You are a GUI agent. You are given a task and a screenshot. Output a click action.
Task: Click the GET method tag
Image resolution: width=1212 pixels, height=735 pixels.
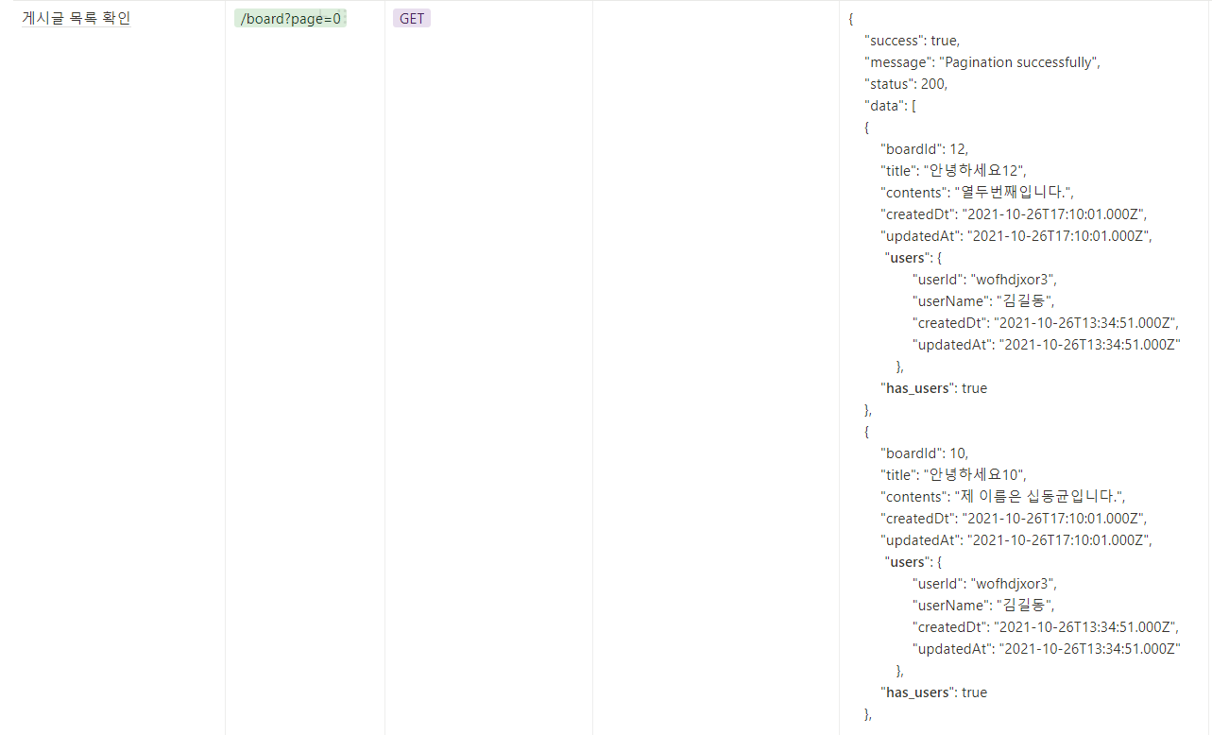point(412,19)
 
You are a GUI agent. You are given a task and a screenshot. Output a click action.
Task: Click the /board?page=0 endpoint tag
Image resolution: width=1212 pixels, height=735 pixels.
point(291,19)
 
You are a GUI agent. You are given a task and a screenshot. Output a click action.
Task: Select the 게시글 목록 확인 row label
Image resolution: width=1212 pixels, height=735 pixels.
point(77,18)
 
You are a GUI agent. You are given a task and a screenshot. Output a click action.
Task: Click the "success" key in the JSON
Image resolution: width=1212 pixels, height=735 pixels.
point(895,41)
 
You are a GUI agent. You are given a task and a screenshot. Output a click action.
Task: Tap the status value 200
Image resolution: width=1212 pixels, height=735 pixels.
point(933,83)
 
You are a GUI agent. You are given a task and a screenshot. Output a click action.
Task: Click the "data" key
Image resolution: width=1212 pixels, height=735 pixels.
point(884,105)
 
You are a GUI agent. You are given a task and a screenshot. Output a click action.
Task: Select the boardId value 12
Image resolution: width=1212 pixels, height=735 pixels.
point(958,148)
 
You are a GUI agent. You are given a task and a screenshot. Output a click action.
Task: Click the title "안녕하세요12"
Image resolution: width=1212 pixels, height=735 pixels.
point(974,171)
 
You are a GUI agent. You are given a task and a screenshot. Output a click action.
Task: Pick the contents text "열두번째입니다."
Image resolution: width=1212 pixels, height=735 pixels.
point(1014,193)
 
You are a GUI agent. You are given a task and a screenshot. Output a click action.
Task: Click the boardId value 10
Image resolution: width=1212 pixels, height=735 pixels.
point(958,453)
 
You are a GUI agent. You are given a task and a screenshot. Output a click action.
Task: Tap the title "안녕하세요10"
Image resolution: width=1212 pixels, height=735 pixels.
point(974,474)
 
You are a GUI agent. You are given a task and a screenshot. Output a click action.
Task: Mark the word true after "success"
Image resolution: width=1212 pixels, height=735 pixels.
point(944,41)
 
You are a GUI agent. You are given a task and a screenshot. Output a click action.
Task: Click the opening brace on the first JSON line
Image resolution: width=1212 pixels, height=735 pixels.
point(851,19)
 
